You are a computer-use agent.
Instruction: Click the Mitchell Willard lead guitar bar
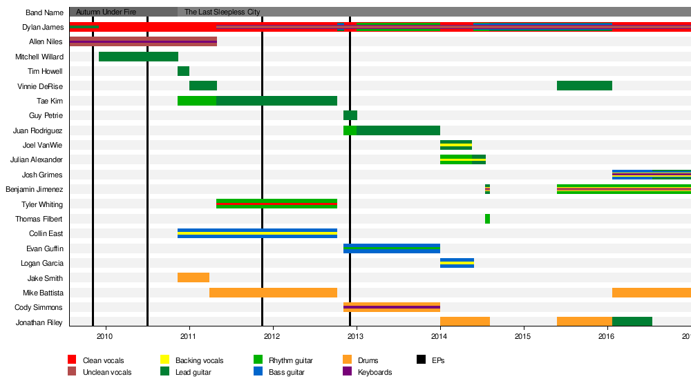pyautogui.click(x=138, y=57)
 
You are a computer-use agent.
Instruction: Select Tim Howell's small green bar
pyautogui.click(x=183, y=71)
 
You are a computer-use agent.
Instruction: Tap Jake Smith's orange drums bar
pyautogui.click(x=193, y=277)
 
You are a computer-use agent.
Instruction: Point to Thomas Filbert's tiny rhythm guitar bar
pyautogui.click(x=487, y=219)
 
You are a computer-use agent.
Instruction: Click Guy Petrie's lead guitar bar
pyautogui.click(x=350, y=115)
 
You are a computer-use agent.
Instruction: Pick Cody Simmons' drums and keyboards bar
pyautogui.click(x=392, y=307)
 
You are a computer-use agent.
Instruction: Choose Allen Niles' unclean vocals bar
pyautogui.click(x=143, y=41)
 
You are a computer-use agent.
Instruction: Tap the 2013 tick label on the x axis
pyautogui.click(x=356, y=336)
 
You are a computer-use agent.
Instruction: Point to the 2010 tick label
pyautogui.click(x=105, y=336)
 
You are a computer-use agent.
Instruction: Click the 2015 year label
pyautogui.click(x=523, y=336)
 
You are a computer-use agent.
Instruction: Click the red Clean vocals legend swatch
pyautogui.click(x=72, y=360)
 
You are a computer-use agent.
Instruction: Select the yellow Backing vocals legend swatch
pyautogui.click(x=165, y=360)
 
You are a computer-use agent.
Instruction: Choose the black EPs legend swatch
pyautogui.click(x=421, y=360)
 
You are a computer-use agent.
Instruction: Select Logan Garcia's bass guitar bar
pyautogui.click(x=457, y=263)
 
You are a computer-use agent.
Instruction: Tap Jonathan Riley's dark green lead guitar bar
pyautogui.click(x=632, y=322)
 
